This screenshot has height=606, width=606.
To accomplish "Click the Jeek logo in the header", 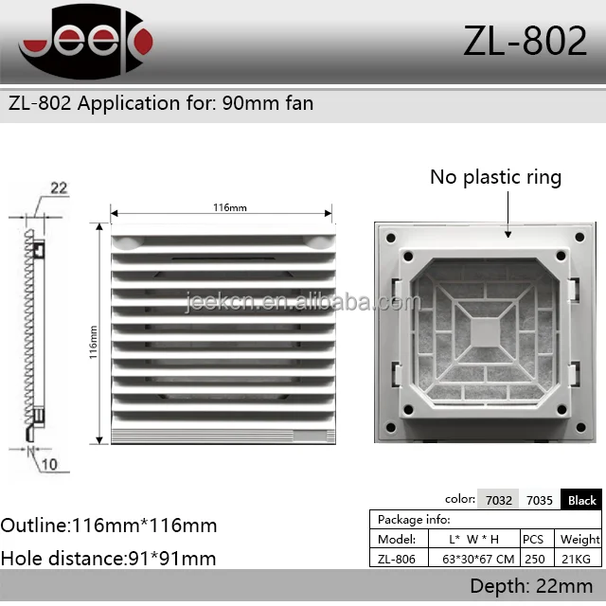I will pyautogui.click(x=85, y=42).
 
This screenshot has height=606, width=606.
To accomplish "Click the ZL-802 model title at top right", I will pyautogui.click(x=525, y=42).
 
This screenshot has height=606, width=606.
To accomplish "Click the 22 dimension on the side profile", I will pyautogui.click(x=59, y=188).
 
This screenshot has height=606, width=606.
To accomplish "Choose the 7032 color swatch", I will pyautogui.click(x=499, y=500).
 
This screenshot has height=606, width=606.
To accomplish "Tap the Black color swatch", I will pyautogui.click(x=581, y=500).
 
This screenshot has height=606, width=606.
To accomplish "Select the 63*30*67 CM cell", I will pyautogui.click(x=478, y=559).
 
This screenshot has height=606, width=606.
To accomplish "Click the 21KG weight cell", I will pyautogui.click(x=580, y=559).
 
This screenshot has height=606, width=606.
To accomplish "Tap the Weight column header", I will pyautogui.click(x=580, y=539).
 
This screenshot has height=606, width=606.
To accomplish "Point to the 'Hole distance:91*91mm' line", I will pyautogui.click(x=108, y=559).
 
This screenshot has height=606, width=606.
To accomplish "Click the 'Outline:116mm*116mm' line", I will pyautogui.click(x=109, y=526).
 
